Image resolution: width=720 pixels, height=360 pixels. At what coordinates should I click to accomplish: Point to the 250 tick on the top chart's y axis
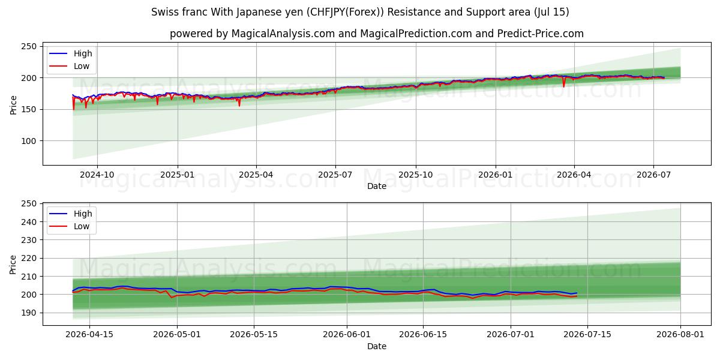pyautogui.click(x=29, y=47)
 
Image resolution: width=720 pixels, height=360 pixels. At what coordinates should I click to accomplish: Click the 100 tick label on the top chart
pyautogui.click(x=29, y=141)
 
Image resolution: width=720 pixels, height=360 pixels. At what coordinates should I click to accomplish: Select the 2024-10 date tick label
pyautogui.click(x=97, y=175)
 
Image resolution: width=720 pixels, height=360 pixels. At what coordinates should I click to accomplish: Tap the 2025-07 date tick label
pyautogui.click(x=335, y=175)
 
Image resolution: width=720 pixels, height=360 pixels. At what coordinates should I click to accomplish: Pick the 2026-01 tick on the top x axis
pyautogui.click(x=496, y=175)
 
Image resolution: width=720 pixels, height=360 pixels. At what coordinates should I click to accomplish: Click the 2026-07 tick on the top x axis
pyautogui.click(x=654, y=175)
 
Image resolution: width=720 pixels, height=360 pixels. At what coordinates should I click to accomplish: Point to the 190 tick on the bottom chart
pyautogui.click(x=29, y=313)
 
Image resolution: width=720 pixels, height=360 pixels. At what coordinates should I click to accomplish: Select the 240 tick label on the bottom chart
pyautogui.click(x=29, y=222)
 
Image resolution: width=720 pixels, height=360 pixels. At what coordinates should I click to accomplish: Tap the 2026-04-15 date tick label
pyautogui.click(x=89, y=335)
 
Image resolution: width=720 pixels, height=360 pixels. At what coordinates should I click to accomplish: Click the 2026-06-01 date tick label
pyautogui.click(x=347, y=335)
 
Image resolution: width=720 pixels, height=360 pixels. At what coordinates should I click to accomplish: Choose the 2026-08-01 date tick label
pyautogui.click(x=680, y=335)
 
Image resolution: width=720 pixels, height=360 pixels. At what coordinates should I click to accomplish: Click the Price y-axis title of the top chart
pyautogui.click(x=13, y=105)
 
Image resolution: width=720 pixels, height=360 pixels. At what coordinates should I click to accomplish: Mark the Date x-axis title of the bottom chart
pyautogui.click(x=377, y=347)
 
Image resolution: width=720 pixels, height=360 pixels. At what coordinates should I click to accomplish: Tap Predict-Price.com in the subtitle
pyautogui.click(x=541, y=34)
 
